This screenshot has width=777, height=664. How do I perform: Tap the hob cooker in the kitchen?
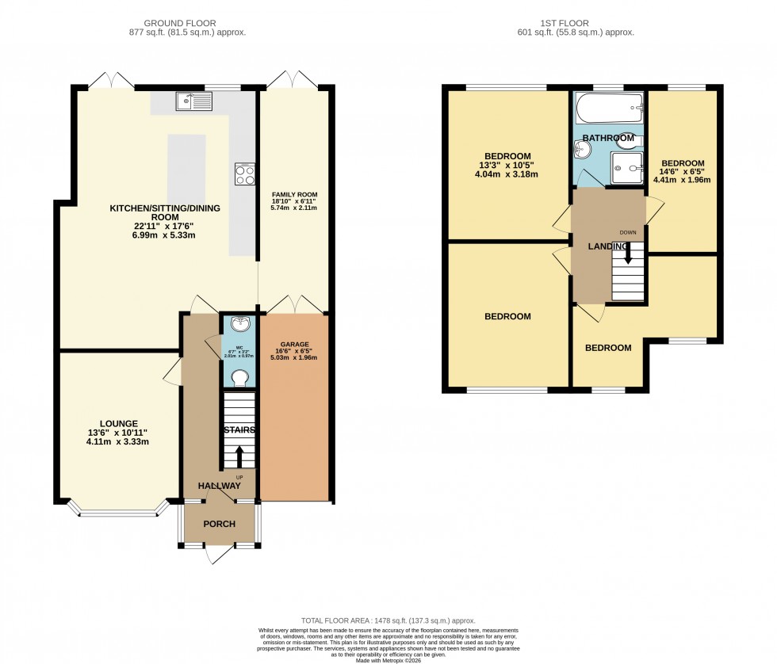click(x=244, y=174)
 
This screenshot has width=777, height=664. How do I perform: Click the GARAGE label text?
click(x=293, y=344)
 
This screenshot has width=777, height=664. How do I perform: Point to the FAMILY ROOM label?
click(x=294, y=194)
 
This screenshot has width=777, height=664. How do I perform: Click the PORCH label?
click(x=219, y=524)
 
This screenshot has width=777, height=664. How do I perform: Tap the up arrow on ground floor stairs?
click(x=239, y=456)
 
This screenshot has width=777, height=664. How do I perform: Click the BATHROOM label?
click(x=608, y=138)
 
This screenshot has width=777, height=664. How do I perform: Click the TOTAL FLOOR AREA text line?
click(x=388, y=620)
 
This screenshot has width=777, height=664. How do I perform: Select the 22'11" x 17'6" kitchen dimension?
click(x=164, y=227)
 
